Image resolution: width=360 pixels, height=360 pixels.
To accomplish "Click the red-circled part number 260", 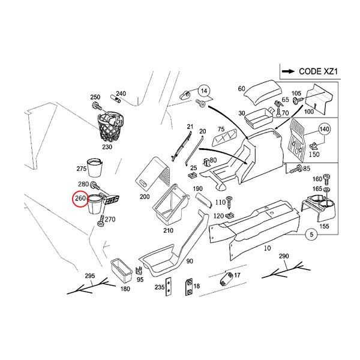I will pyautogui.click(x=79, y=199).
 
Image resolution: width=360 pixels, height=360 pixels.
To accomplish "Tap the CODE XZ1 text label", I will pyautogui.click(x=310, y=71).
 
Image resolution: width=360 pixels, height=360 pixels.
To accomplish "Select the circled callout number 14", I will pyautogui.click(x=205, y=91).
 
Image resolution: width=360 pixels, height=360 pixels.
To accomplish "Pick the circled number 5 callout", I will pyautogui.click(x=312, y=235).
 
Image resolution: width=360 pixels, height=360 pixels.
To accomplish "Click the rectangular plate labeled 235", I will pyautogui.click(x=170, y=287).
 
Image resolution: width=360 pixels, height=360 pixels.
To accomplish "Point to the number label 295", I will pyautogui.click(x=90, y=275).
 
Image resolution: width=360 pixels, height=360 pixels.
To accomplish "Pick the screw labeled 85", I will pyautogui.click(x=295, y=170).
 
